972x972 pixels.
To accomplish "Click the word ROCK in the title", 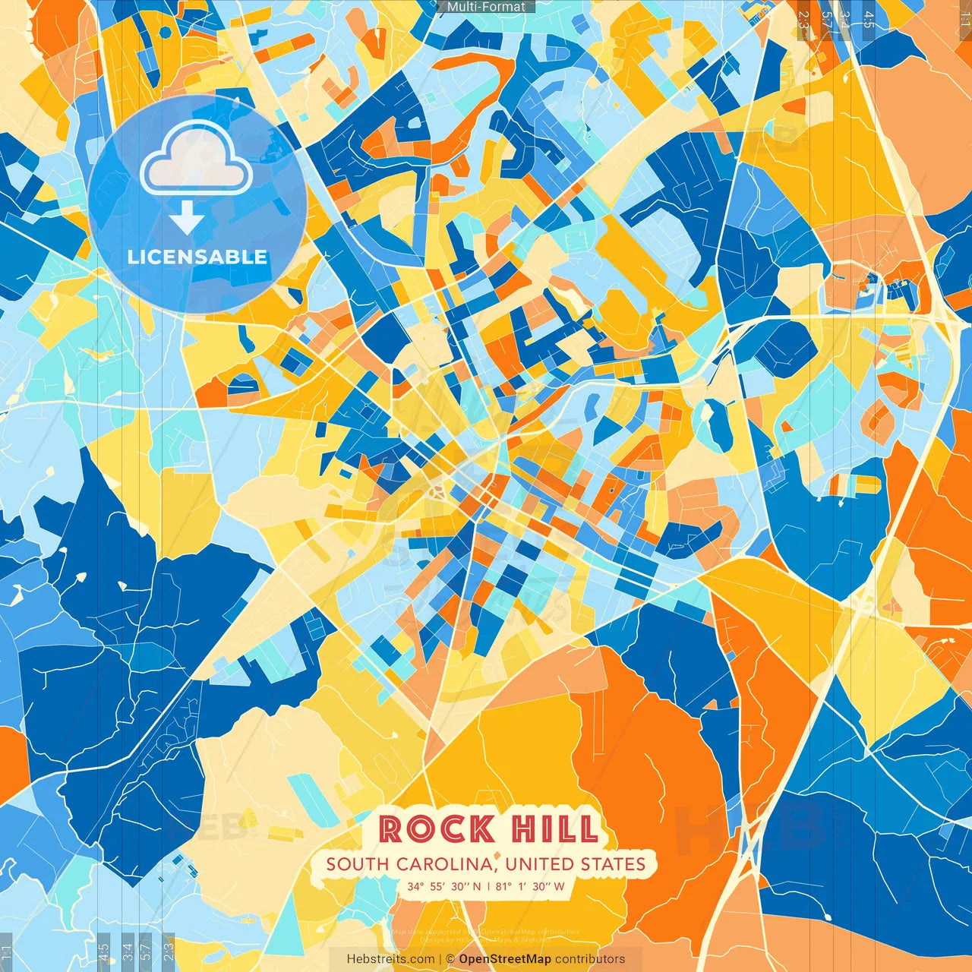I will (x=436, y=828).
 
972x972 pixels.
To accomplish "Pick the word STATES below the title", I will (x=613, y=864).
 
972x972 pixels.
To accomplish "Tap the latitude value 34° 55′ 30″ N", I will (x=444, y=886).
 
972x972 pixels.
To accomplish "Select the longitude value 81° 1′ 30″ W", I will (x=530, y=886).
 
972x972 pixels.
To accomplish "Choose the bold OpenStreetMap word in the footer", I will (x=504, y=959).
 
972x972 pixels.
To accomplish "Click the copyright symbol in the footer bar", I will (x=450, y=959).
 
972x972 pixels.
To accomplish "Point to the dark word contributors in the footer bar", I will (x=590, y=959).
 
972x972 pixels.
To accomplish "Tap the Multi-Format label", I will (x=486, y=7).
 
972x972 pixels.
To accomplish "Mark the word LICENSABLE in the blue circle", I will (x=197, y=257).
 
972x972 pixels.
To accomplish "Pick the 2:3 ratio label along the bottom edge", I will (x=169, y=949).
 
